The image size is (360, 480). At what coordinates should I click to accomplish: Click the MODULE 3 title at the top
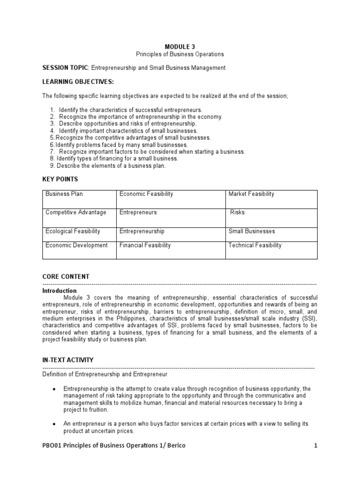click(x=180, y=46)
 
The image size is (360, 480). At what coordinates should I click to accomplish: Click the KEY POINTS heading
click(x=60, y=179)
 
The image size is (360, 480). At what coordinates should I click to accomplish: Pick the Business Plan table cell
click(x=64, y=194)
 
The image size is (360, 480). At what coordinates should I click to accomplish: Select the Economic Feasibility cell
click(x=146, y=194)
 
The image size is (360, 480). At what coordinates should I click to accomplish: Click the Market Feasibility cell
click(x=251, y=194)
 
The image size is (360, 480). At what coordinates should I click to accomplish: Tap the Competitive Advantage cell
click(x=76, y=212)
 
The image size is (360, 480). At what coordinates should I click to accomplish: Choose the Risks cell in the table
click(x=237, y=212)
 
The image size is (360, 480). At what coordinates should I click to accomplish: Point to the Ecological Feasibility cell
click(x=73, y=231)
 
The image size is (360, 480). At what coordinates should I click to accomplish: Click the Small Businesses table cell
click(x=252, y=231)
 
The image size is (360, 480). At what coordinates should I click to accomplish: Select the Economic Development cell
click(x=76, y=245)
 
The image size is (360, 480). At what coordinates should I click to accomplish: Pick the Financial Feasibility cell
click(x=145, y=245)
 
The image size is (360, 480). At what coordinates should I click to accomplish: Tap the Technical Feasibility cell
click(x=255, y=245)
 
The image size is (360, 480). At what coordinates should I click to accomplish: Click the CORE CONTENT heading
click(x=66, y=277)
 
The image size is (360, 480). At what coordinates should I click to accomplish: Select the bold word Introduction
click(x=60, y=291)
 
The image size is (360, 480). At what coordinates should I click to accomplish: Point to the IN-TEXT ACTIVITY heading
click(x=68, y=360)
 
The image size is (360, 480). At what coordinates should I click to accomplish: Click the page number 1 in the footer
click(x=315, y=445)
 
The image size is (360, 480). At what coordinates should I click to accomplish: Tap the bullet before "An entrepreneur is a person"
click(x=54, y=424)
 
